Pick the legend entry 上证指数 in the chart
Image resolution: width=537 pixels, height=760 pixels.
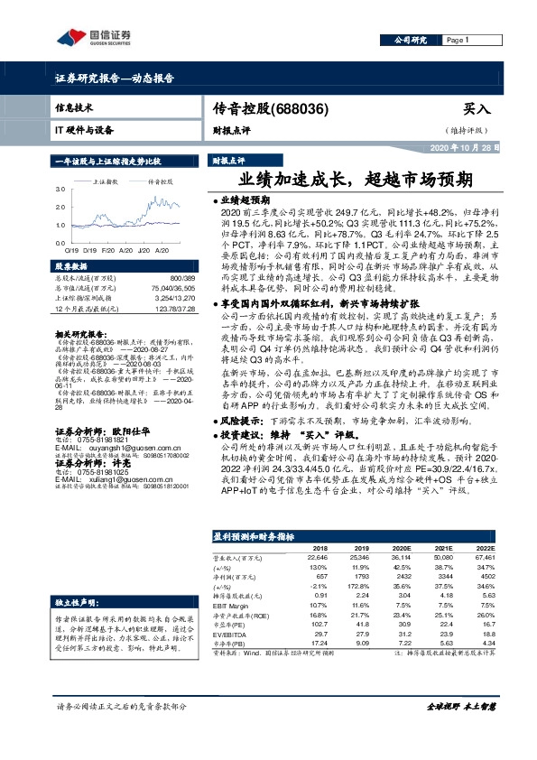(x=108, y=181)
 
